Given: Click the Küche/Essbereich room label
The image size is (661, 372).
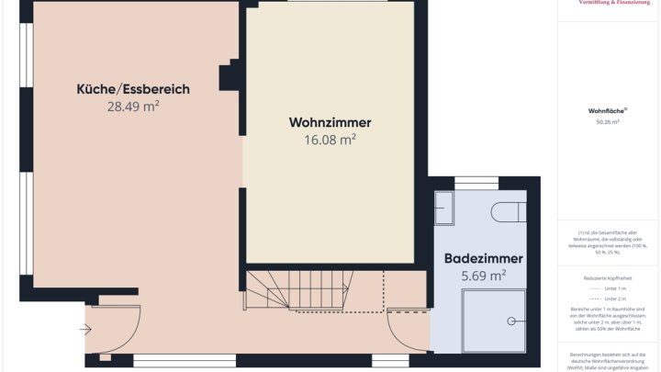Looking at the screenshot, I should tap(133, 89).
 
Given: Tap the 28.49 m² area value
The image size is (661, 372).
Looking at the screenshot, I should tap(133, 107).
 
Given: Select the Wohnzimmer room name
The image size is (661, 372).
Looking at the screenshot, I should tap(330, 122).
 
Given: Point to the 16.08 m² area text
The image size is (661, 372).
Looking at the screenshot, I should tap(330, 140).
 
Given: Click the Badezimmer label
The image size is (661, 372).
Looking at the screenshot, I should tap(484, 258).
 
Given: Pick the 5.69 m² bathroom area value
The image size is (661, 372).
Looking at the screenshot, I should tap(484, 275).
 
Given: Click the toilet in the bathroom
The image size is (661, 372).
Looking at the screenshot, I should tap(508, 212).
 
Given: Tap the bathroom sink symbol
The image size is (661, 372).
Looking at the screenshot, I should tap(444, 209).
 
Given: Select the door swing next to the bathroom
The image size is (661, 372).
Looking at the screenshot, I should tap(408, 331).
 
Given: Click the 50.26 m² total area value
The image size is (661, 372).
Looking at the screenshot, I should tap(607, 121).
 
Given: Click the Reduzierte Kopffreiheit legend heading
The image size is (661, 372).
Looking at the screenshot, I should tap(607, 276).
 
